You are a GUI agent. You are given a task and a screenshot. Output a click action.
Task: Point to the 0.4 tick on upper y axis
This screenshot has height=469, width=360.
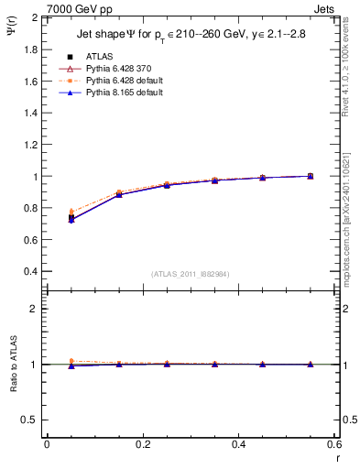tap(31, 272)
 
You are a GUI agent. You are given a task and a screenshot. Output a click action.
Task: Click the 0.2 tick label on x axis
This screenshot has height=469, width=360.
tap(142, 444)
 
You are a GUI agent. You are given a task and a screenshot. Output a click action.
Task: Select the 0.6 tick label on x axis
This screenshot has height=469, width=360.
tap(334, 444)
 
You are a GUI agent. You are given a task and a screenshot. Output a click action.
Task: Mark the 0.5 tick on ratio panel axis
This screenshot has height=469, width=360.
tap(31, 420)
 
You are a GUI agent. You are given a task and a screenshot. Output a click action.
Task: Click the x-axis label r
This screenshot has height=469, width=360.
tap(336, 458)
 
